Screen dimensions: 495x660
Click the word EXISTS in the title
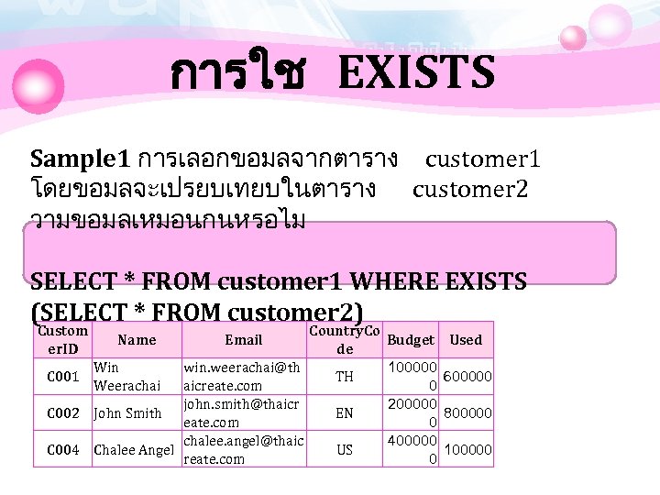click(416, 73)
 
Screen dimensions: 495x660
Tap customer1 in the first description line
click(482, 159)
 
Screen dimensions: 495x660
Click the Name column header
click(137, 340)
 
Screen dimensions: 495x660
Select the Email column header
click(243, 340)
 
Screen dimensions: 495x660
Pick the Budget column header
click(412, 340)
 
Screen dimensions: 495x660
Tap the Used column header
click(466, 340)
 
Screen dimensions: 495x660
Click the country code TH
click(345, 377)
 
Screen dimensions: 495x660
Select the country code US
click(345, 449)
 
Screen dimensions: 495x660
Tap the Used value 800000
click(467, 413)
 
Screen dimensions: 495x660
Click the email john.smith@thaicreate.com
click(242, 413)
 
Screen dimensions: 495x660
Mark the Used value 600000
click(467, 377)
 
